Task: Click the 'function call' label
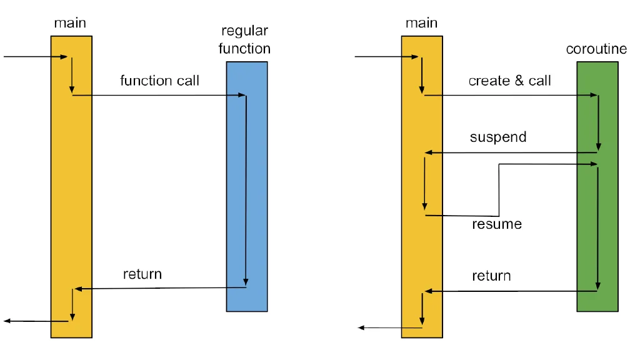pos(159,81)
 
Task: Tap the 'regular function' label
pos(244,39)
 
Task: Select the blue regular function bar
pos(247,186)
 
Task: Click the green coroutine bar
pos(597,186)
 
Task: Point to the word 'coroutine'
pos(596,49)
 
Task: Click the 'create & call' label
pos(510,81)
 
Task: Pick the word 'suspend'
pos(498,137)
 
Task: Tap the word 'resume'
pos(497,224)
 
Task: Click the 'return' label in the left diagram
pos(142,274)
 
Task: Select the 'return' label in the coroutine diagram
pos(491,276)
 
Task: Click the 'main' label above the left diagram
pos(70,23)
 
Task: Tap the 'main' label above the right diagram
pos(422,23)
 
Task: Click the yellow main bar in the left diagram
pos(71,187)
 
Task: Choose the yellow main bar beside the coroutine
pos(422,187)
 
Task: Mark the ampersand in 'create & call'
pos(519,81)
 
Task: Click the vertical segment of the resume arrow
pos(499,190)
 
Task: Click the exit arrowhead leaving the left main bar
pos(7,321)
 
